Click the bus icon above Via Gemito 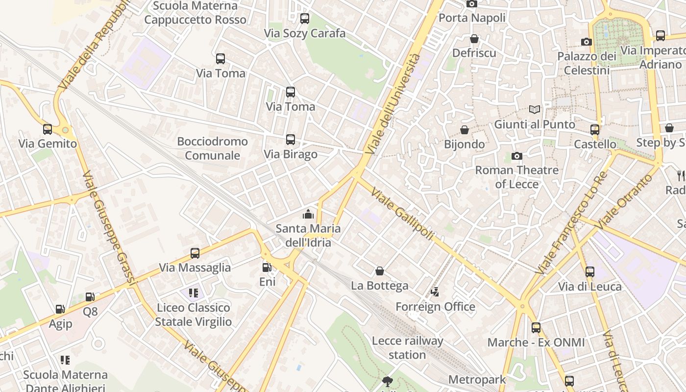(48, 129)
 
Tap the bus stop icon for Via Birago (291, 140)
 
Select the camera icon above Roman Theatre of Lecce (516, 156)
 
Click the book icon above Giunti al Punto (534, 110)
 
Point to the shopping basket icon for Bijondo (464, 130)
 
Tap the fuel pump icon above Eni (267, 268)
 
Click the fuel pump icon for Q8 (90, 297)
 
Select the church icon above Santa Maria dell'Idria (308, 214)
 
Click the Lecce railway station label (407, 347)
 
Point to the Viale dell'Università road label (393, 104)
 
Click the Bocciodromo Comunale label (213, 148)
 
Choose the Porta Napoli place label (472, 18)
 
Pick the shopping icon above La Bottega (379, 271)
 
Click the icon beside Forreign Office (435, 293)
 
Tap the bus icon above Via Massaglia (195, 253)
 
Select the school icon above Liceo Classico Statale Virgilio (193, 293)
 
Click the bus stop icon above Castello (595, 130)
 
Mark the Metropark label (477, 379)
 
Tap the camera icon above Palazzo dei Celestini (586, 42)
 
